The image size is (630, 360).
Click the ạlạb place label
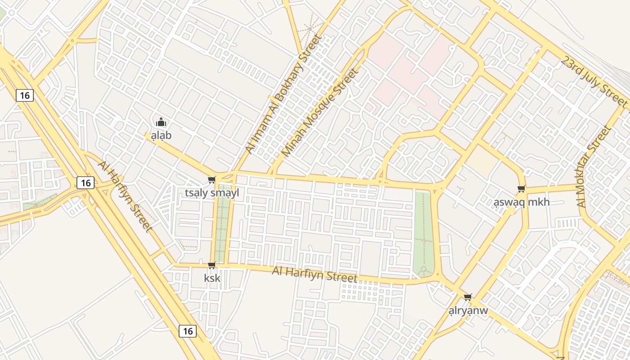coord(161,135)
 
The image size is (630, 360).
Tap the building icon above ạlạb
coord(161,122)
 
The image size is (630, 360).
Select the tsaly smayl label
coord(212,193)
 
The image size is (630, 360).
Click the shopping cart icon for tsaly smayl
coord(211,180)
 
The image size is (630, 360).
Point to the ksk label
coord(212,278)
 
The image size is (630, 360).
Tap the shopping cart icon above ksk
coord(212,265)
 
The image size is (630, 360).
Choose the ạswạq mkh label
coord(522,202)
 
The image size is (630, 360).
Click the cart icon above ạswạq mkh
coord(521,189)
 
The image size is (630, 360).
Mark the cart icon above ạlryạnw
coord(468,297)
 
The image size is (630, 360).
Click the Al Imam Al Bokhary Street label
coord(283,94)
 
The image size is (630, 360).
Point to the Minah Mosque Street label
coord(320,112)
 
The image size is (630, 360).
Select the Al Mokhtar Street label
coord(594,166)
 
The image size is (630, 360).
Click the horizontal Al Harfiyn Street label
coord(315,274)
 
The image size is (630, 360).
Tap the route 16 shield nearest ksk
coord(188,331)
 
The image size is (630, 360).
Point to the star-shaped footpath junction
coord(310,28)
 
